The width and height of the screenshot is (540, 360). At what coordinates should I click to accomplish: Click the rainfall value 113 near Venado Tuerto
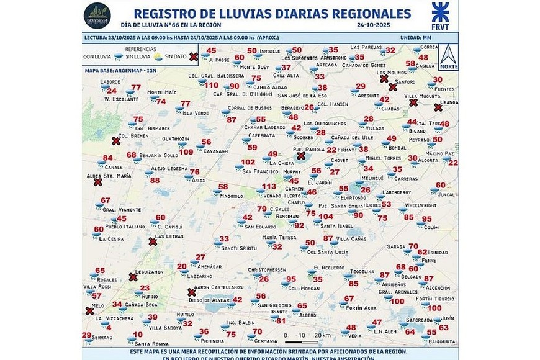(x=268, y=187)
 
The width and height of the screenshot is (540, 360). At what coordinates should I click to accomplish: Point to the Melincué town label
(x=372, y=178)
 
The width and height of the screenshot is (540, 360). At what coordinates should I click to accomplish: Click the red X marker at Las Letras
(x=152, y=242)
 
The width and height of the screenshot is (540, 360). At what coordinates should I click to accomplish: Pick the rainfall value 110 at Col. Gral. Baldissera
(x=211, y=85)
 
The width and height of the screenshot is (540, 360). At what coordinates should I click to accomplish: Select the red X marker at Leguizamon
(x=133, y=277)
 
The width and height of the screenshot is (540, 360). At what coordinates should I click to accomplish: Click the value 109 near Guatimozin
(x=186, y=151)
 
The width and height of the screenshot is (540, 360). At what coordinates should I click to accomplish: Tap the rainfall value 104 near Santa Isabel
(x=326, y=217)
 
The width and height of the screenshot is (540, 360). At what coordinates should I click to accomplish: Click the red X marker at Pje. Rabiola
(x=301, y=156)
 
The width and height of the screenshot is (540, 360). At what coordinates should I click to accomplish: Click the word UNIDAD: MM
(x=419, y=38)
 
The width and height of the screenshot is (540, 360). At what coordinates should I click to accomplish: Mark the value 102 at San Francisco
(x=248, y=163)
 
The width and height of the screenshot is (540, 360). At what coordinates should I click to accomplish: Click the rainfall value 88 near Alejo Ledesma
(x=155, y=181)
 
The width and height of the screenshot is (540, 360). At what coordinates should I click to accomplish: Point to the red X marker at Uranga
(x=438, y=107)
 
